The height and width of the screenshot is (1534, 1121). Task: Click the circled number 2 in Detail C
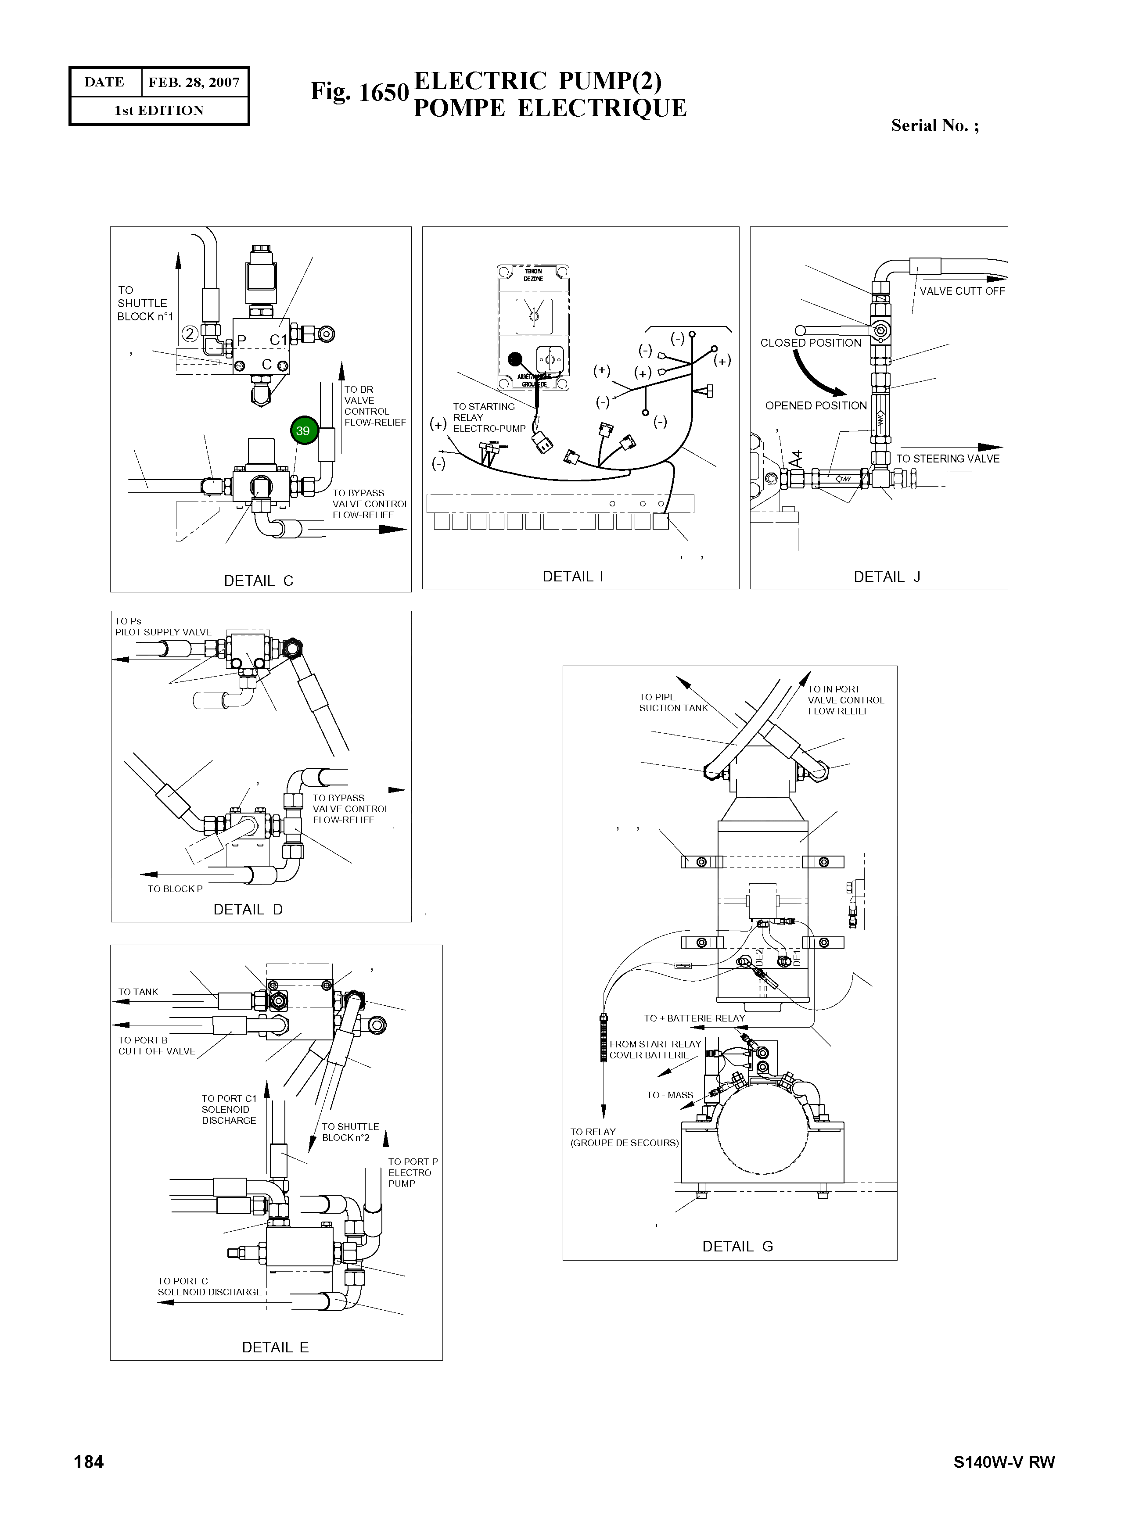[x=190, y=333]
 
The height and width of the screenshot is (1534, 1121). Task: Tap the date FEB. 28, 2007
[x=194, y=82]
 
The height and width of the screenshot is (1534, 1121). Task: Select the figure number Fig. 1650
[x=359, y=92]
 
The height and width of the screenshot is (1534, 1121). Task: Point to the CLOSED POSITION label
[x=810, y=343]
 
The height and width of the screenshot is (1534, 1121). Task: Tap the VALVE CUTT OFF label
[x=962, y=291]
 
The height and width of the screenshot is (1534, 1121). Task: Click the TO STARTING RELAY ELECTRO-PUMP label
[x=489, y=417]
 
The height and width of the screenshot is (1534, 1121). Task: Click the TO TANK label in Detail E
[x=138, y=992]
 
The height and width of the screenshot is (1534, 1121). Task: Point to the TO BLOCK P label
[x=175, y=889]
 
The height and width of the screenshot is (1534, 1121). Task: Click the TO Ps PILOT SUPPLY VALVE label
[x=163, y=626]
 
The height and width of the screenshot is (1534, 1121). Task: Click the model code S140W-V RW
[x=1004, y=1462]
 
